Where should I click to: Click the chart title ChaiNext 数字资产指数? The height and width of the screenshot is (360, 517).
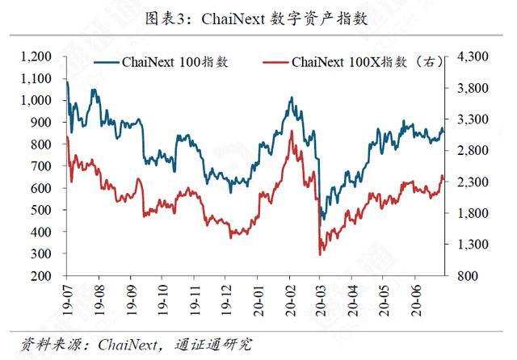[258, 19]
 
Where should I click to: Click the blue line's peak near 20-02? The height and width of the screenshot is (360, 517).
[291, 98]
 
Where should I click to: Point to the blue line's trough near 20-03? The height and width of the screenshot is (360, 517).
[322, 220]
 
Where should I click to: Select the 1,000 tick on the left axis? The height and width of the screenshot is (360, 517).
[36, 101]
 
